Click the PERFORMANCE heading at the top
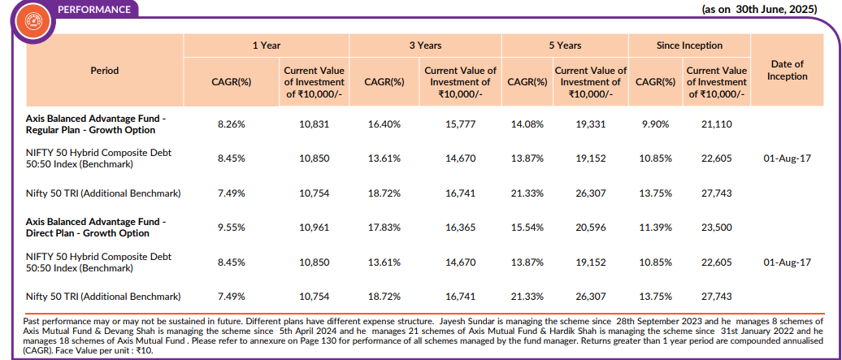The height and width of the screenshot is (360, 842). click(93, 10)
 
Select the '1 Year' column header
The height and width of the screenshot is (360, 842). click(266, 46)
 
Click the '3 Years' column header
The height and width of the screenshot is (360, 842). click(425, 46)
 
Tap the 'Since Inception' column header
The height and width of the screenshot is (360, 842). click(689, 46)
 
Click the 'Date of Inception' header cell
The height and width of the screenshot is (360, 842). click(787, 70)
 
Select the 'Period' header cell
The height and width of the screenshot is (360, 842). click(105, 71)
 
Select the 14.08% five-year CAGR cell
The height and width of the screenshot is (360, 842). click(526, 124)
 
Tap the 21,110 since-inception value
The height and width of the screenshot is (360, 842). click(715, 124)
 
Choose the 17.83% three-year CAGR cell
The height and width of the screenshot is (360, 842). click(384, 228)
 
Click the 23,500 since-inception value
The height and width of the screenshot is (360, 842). click(715, 228)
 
